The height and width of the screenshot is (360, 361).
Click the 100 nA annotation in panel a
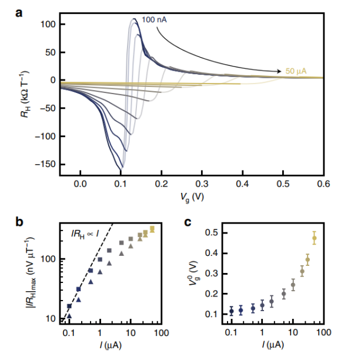click(154, 21)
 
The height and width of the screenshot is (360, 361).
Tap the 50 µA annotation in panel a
click(298, 71)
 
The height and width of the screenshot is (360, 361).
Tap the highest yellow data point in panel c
click(314, 238)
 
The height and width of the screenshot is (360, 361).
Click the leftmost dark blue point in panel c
click(232, 311)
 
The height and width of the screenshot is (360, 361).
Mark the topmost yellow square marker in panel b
click(152, 228)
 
